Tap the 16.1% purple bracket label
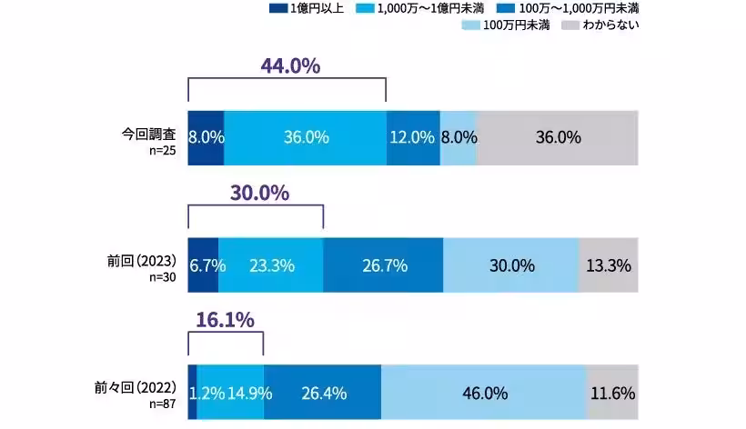tap(224, 320)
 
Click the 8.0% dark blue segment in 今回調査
tap(206, 138)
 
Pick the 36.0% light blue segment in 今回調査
tap(305, 138)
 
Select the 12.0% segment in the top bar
tap(412, 138)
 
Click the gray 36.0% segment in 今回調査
tap(559, 138)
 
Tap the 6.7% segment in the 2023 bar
tap(203, 265)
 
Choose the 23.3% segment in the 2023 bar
tap(270, 265)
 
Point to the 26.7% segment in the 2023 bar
tap(383, 265)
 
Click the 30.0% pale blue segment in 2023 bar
tap(510, 265)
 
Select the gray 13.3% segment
tap(608, 265)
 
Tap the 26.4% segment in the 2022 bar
tap(322, 393)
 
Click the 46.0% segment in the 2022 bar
tap(483, 393)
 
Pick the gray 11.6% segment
tap(611, 393)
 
